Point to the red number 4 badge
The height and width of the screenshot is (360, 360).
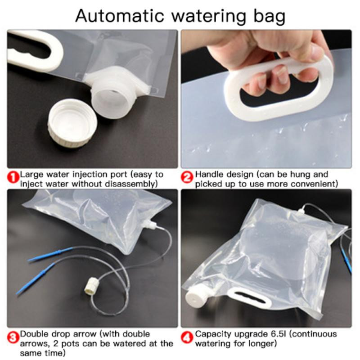pyautogui.click(x=187, y=336)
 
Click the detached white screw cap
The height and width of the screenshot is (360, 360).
pyautogui.click(x=72, y=124)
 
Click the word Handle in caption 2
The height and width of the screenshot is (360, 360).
pyautogui.click(x=208, y=174)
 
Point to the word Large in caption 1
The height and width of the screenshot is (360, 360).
pyautogui.click(x=31, y=174)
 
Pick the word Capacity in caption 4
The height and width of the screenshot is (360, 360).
pyautogui.click(x=213, y=334)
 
